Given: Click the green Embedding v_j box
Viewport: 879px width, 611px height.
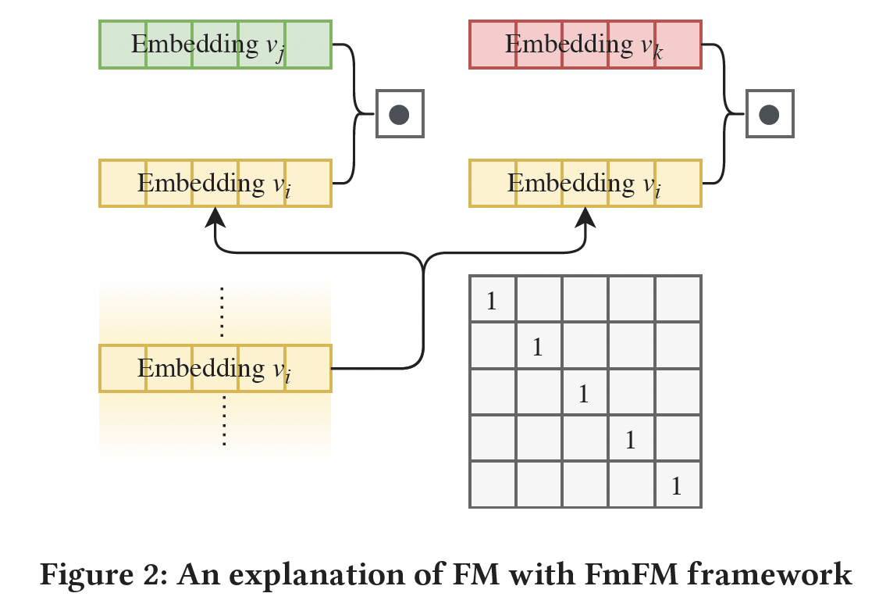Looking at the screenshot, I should click(x=215, y=45).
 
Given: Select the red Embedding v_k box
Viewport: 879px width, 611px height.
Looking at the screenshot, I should click(x=585, y=45).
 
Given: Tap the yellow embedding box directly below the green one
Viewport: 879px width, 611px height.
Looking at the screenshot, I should click(x=215, y=184).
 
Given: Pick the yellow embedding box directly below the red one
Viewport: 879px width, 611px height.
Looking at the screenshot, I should click(x=585, y=184).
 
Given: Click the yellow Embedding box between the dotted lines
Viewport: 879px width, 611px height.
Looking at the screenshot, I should click(x=215, y=368).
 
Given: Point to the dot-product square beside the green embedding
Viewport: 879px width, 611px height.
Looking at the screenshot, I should click(x=400, y=115).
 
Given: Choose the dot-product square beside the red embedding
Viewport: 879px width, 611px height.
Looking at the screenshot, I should click(x=770, y=115).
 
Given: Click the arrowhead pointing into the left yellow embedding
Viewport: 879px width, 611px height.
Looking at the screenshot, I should click(x=215, y=216).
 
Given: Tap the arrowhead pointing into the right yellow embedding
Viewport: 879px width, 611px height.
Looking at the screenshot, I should click(x=585, y=216).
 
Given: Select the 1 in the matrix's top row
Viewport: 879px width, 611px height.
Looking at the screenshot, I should click(x=492, y=301).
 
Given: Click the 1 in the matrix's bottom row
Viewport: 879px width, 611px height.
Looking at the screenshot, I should click(x=677, y=487).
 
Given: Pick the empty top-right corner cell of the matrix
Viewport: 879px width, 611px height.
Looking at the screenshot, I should click(x=678, y=298).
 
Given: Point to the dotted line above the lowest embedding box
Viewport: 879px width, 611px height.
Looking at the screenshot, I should click(x=223, y=311).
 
